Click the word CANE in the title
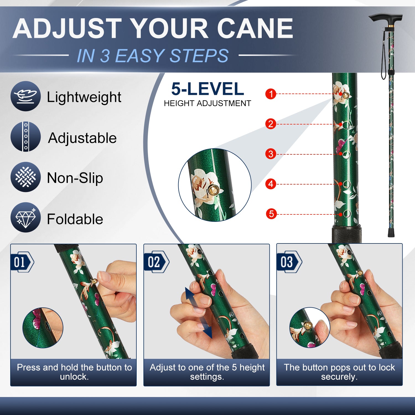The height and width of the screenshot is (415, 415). click(x=255, y=28)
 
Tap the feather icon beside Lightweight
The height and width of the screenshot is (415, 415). click(x=26, y=96)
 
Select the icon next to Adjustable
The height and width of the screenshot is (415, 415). click(x=26, y=137)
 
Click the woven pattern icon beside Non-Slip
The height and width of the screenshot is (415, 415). click(x=26, y=177)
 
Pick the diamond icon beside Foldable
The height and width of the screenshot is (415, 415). click(x=26, y=217)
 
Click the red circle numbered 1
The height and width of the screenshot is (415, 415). click(x=271, y=94)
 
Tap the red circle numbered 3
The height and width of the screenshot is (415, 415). click(x=271, y=154)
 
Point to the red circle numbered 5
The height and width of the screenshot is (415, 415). click(x=271, y=214)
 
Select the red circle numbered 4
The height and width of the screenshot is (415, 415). click(x=271, y=184)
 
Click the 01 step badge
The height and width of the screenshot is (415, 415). click(x=22, y=262)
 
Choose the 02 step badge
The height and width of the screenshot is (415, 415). click(x=156, y=262)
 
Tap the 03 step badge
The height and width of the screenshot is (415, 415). click(x=289, y=262)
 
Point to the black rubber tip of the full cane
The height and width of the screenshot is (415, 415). click(x=391, y=233)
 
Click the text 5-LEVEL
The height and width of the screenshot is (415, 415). click(x=207, y=89)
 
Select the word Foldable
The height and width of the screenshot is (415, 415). click(x=75, y=219)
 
